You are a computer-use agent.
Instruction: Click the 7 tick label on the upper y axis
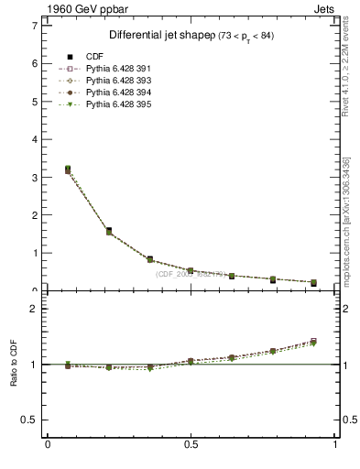click(34, 26)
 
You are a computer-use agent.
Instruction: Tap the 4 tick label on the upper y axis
click(34, 139)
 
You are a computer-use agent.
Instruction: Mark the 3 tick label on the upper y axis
click(34, 177)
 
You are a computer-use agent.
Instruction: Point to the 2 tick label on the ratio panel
click(34, 309)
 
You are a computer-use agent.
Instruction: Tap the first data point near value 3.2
click(68, 169)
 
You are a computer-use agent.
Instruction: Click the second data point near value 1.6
click(109, 231)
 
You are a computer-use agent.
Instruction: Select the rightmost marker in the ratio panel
click(313, 342)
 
